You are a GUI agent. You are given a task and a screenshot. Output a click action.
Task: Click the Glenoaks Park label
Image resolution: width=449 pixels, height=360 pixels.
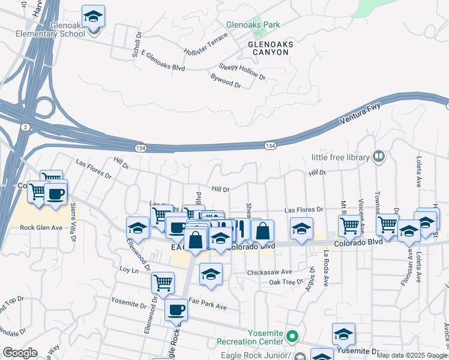click(x=253, y=25)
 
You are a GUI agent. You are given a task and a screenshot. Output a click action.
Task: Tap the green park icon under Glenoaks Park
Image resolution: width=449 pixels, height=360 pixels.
click(x=258, y=34)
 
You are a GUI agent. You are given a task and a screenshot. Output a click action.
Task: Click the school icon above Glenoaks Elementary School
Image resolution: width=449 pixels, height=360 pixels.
click(x=94, y=16)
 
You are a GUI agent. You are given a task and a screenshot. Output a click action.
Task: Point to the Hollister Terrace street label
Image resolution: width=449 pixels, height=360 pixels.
click(x=206, y=46)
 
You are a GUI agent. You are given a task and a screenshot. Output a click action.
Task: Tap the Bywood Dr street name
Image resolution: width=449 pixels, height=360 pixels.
click(x=226, y=82)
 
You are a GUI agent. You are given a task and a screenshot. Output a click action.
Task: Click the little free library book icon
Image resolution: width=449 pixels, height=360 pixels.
click(x=378, y=157)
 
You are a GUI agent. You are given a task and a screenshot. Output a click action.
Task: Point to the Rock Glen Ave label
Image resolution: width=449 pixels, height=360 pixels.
click(x=41, y=227)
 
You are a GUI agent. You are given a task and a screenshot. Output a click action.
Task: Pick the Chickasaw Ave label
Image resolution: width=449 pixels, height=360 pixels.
click(x=270, y=272)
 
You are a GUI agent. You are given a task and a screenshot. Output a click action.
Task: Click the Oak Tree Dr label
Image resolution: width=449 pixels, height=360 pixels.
click(x=286, y=282)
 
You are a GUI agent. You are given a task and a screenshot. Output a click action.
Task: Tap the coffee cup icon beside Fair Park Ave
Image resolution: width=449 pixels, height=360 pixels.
click(x=176, y=310)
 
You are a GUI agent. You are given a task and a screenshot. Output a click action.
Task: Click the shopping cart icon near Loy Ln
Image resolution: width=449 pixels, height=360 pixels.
click(x=163, y=282)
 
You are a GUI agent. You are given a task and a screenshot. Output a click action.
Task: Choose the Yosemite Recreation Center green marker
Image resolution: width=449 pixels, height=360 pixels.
click(x=292, y=336)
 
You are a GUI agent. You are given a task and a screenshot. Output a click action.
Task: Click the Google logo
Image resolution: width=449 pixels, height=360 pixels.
click(x=19, y=353)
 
